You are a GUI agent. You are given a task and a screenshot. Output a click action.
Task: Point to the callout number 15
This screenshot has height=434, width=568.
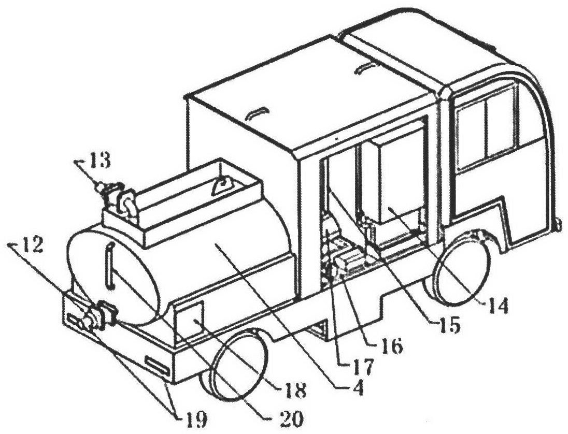click(x=446, y=325)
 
